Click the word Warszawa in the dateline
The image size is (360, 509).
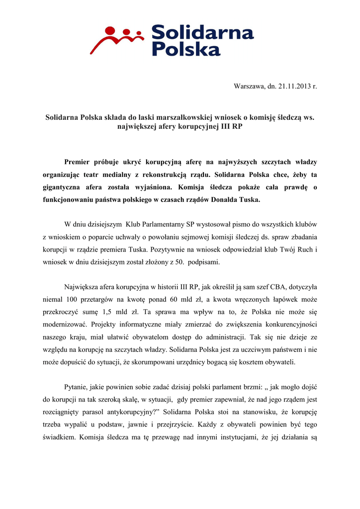coord(249,86)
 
